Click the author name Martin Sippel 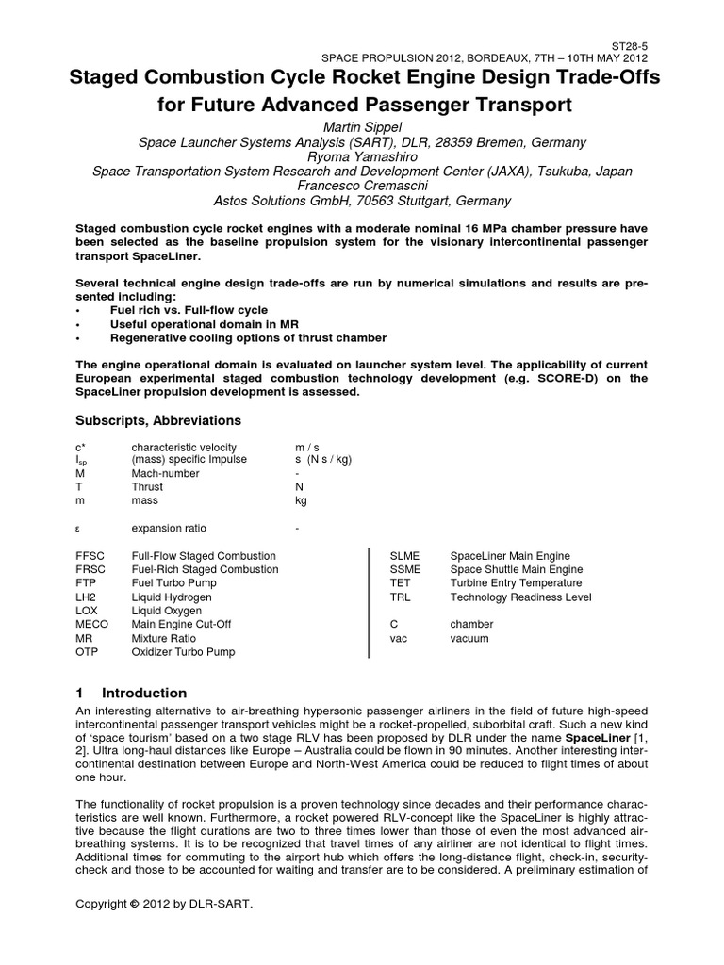(362, 127)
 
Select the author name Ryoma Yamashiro (362, 156)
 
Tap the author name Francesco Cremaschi (362, 186)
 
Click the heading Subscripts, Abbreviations (157, 420)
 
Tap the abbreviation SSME (405, 569)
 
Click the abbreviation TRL (401, 597)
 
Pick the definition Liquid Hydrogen (172, 597)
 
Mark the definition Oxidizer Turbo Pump (183, 651)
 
